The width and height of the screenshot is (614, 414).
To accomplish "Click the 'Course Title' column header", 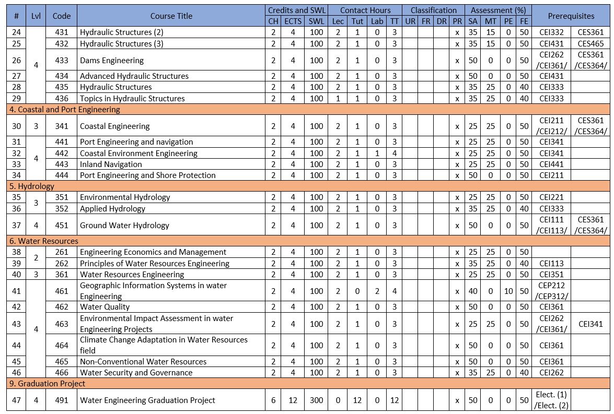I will click(171, 16).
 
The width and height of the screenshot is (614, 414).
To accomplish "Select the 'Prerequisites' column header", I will click(571, 16).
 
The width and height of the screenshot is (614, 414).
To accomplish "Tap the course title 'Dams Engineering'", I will click(105, 61).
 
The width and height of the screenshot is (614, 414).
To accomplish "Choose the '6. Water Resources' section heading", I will click(43, 241).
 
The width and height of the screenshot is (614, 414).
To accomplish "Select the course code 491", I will click(62, 400).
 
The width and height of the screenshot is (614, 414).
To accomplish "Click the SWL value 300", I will click(316, 400).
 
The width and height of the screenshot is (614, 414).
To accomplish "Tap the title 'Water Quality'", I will click(105, 307).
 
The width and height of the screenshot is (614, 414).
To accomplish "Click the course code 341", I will click(62, 126).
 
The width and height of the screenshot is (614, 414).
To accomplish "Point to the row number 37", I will click(17, 226).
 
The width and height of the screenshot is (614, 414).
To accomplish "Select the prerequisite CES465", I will click(590, 44).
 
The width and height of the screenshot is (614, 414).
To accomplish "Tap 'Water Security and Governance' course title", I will click(136, 373).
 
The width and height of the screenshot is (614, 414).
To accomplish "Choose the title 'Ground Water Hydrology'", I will click(124, 226).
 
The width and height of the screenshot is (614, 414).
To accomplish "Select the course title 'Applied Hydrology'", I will click(112, 209).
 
